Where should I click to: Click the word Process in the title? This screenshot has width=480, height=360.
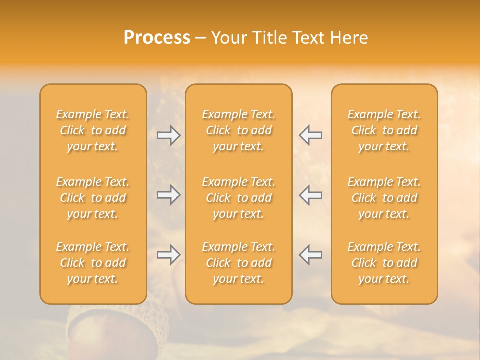157,38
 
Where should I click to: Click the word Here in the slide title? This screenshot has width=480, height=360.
349,38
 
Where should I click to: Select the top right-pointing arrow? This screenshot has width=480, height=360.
168,135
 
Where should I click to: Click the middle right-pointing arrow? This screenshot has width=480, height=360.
168,195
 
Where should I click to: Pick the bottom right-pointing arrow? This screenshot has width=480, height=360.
168,255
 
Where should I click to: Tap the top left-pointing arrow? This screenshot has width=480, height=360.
311,135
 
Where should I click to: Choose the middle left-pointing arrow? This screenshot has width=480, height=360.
311,195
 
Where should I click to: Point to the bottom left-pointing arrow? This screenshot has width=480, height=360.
311,255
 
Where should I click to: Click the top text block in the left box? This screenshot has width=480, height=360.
93,130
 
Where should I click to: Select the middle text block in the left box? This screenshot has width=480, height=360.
93,198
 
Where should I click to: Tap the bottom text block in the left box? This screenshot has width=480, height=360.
93,263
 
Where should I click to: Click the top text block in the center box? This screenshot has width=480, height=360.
239,130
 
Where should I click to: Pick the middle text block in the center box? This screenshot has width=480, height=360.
239,198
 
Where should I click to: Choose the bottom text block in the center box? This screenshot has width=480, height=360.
239,263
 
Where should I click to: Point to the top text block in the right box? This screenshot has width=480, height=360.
384,130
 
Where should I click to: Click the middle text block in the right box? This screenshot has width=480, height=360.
384,198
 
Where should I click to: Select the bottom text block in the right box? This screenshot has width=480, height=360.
384,263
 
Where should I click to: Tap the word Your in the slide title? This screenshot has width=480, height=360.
229,38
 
